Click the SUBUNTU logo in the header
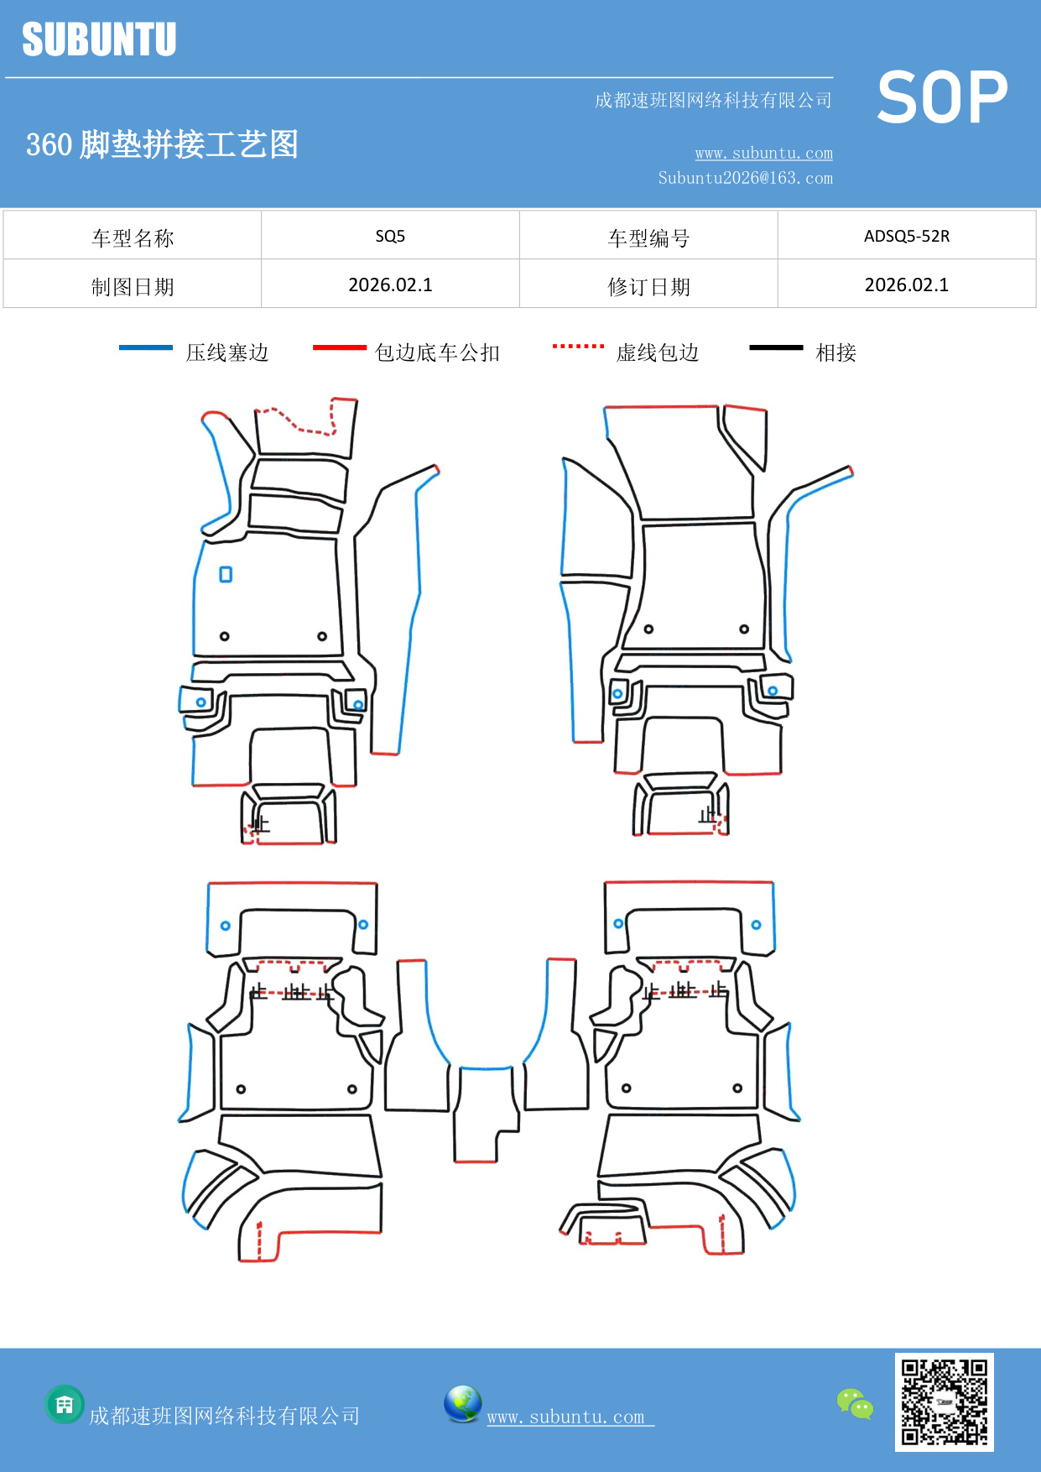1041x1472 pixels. [x=99, y=39]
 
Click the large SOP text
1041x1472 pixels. [x=941, y=97]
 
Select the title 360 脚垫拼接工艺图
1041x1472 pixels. [x=162, y=144]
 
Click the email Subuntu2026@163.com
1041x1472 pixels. [x=745, y=178]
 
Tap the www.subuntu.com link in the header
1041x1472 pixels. [x=763, y=153]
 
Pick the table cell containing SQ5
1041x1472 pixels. [x=390, y=236]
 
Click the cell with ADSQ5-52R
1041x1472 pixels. [x=906, y=236]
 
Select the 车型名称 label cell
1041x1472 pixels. [x=133, y=238]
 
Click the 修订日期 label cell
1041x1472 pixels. [x=648, y=286]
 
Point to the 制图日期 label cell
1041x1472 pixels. [x=133, y=286]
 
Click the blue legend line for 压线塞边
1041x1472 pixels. [x=146, y=347]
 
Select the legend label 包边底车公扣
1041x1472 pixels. [x=437, y=352]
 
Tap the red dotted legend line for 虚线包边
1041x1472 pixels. [x=578, y=346]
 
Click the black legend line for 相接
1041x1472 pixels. [x=776, y=347]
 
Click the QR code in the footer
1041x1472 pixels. [x=944, y=1402]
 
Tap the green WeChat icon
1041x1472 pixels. [x=855, y=1404]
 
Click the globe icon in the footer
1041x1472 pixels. [x=462, y=1404]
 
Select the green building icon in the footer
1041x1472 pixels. [x=65, y=1404]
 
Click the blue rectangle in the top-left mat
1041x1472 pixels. [x=226, y=575]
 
